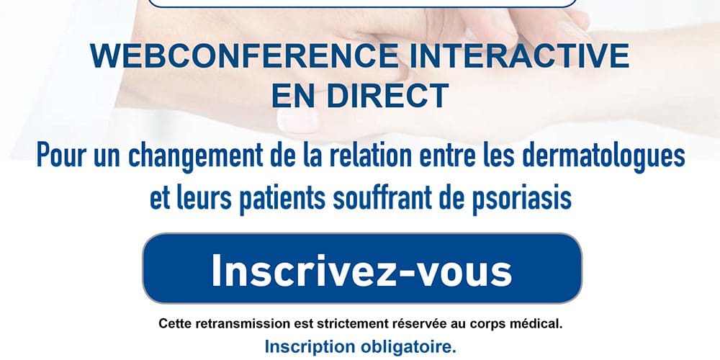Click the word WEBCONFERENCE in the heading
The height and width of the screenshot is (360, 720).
coord(244,56)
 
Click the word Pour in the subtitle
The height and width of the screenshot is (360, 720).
coord(61,156)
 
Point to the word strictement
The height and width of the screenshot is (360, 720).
coord(352,323)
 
